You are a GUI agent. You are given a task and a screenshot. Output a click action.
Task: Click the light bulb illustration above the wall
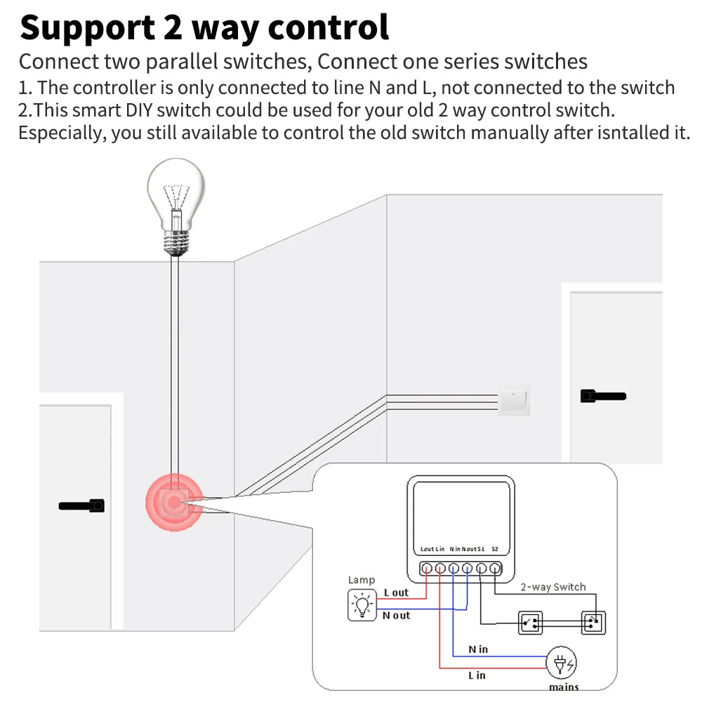176,204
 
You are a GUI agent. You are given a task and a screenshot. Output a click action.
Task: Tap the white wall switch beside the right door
513,401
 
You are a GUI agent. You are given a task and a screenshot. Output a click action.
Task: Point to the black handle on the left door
82,505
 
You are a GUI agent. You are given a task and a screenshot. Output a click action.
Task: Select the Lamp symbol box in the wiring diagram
362,604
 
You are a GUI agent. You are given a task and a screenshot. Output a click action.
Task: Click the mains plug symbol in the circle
563,663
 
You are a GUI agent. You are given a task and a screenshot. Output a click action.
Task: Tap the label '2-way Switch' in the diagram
552,587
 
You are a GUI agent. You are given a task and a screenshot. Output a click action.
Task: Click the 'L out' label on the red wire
396,592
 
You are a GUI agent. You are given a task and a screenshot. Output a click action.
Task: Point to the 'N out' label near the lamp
396,616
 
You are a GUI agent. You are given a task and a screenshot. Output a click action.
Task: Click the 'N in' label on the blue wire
478,649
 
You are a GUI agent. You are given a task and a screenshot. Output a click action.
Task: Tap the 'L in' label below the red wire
477,675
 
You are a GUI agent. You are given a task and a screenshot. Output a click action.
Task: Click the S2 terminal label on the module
495,549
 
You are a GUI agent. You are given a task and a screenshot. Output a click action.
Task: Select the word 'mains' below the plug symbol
564,687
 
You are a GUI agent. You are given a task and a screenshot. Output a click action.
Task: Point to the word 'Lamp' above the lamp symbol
362,580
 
